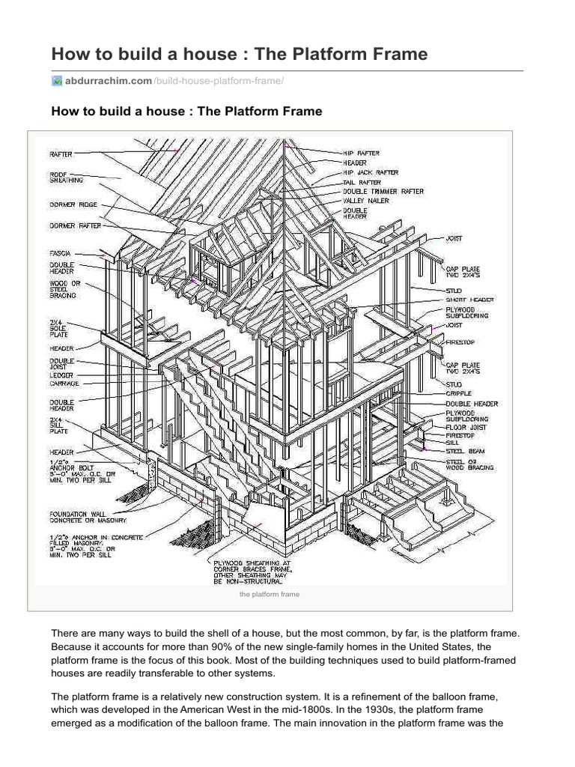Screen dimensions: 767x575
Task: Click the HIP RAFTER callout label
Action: (362, 153)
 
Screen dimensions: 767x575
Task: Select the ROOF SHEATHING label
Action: (66, 177)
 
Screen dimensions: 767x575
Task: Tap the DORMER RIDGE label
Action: (73, 203)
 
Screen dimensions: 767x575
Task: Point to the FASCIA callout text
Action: (61, 253)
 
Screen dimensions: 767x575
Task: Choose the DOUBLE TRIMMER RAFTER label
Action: (383, 191)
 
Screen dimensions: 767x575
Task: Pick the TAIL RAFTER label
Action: (362, 182)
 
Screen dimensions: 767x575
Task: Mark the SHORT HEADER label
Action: (470, 299)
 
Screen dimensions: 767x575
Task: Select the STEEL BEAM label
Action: (465, 451)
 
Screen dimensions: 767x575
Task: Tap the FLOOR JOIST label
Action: (466, 427)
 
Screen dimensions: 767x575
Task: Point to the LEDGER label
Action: (61, 375)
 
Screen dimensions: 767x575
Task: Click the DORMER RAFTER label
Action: (74, 225)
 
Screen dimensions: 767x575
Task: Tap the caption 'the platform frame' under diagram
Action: (269, 594)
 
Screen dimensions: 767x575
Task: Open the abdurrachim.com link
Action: (108, 81)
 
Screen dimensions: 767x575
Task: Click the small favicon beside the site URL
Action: (56, 81)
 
